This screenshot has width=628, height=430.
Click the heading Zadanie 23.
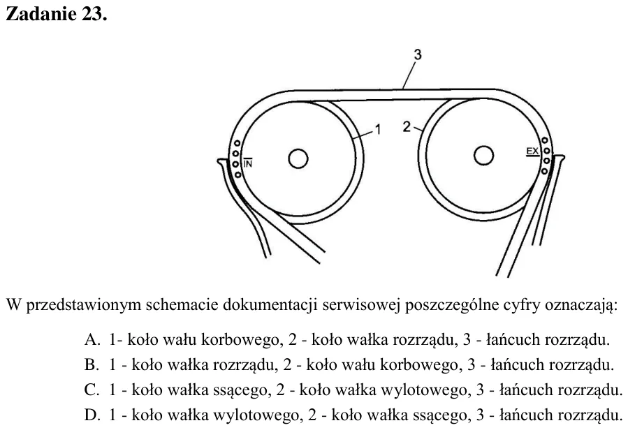[x=57, y=14]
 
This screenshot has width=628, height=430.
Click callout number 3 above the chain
[x=418, y=54]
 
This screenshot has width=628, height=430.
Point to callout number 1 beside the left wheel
[x=377, y=130]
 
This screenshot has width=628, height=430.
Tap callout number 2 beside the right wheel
[x=407, y=127]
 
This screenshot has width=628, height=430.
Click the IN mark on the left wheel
[x=248, y=163]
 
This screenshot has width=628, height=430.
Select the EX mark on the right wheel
[x=532, y=151]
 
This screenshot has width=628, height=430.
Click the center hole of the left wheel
[x=298, y=158]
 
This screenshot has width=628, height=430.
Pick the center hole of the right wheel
[x=483, y=155]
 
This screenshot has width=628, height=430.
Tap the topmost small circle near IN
[x=237, y=143]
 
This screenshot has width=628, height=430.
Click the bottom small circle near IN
[x=238, y=175]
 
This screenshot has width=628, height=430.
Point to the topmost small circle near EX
[x=545, y=140]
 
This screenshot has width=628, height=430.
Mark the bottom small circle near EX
[x=544, y=171]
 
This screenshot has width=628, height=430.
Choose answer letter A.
[x=92, y=340]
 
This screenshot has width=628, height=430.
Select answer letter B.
[x=92, y=365]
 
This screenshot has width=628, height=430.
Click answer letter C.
[x=92, y=390]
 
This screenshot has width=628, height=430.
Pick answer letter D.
[x=92, y=415]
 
